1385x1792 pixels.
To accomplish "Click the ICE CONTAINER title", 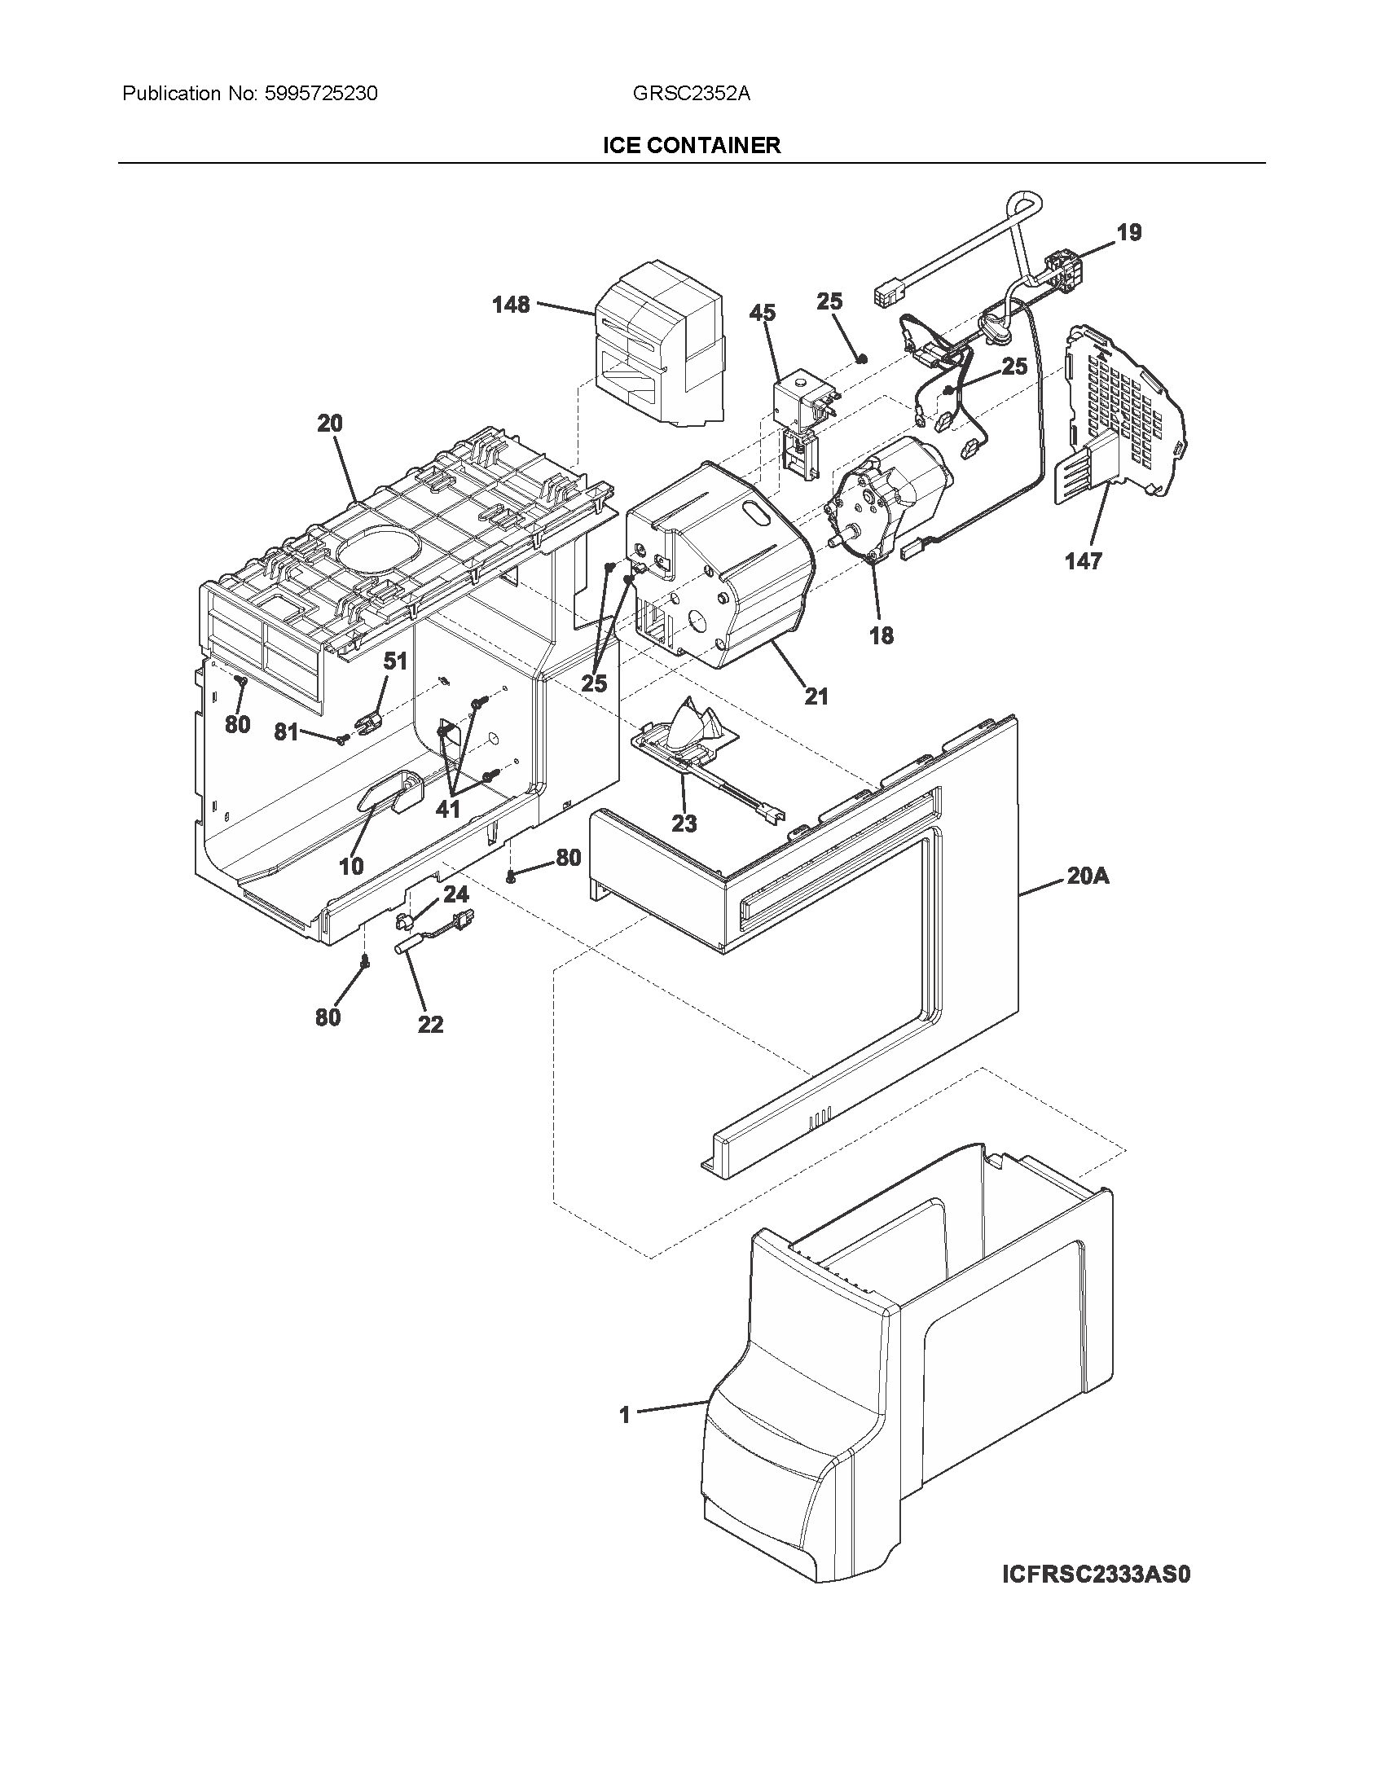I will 691,145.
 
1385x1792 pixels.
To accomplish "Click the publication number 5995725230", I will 321,94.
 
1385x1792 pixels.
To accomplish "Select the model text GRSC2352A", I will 691,94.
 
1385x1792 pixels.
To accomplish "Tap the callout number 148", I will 510,305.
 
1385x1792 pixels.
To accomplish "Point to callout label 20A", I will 1088,876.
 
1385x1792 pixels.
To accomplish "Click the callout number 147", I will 1083,561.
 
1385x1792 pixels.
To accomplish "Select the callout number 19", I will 1129,233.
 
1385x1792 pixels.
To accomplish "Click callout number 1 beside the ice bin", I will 624,1415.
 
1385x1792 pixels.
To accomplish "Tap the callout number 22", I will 430,1024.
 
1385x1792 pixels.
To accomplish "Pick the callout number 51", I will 395,661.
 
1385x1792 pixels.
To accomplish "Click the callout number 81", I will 285,732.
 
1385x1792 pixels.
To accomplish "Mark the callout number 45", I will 763,313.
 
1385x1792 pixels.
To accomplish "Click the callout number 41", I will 447,809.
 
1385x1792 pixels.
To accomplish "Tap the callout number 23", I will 684,823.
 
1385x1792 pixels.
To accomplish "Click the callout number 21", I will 816,696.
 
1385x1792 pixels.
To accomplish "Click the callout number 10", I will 351,866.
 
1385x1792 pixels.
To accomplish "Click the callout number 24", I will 455,894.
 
